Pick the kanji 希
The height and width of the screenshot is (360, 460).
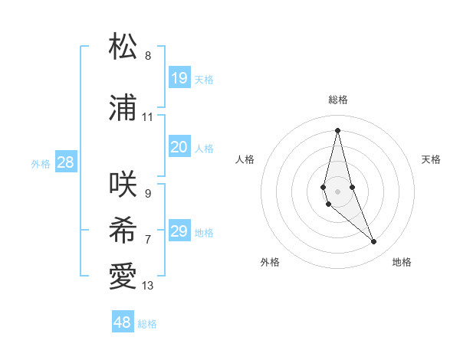(123, 231)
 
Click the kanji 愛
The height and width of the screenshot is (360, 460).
(123, 277)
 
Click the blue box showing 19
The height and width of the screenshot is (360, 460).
(179, 78)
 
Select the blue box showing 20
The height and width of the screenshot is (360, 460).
(179, 147)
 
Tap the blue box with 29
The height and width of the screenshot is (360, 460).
(179, 231)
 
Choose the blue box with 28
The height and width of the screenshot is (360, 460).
(65, 162)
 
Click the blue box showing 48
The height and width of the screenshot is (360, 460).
(123, 322)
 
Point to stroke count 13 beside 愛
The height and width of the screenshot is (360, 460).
(148, 286)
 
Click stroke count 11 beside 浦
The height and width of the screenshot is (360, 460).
(148, 117)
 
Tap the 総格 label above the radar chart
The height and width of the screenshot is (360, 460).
(338, 100)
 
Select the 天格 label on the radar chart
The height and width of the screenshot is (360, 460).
(432, 159)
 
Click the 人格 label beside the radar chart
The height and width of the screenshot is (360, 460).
(245, 159)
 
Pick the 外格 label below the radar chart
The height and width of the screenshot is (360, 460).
(270, 262)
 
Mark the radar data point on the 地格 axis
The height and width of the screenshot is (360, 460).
(374, 242)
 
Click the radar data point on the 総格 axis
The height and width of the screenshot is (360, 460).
(337, 130)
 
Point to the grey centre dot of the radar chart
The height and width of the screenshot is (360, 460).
(337, 191)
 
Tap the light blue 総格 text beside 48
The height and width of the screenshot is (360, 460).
(147, 324)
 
